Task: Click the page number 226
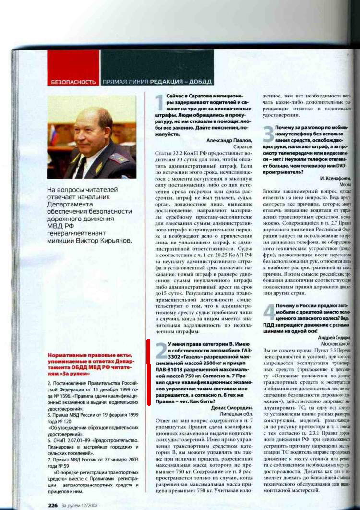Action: [x=53, y=505]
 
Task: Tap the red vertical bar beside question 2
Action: [x=148, y=372]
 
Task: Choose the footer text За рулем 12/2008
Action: [x=84, y=505]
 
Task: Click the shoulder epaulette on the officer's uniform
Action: [x=118, y=158]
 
